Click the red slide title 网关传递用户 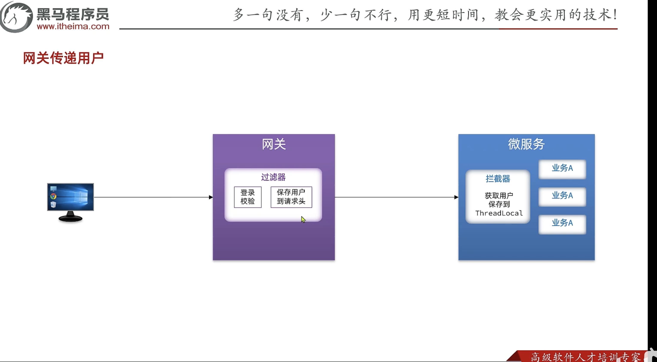63,58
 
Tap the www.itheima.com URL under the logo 73,26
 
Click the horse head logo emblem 16,17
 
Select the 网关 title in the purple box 274,144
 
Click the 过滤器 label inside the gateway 273,177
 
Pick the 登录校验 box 248,197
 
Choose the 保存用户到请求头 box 291,197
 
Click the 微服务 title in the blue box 526,144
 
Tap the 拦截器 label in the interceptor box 498,179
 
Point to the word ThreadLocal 499,213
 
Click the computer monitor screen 71,197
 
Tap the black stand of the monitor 70,217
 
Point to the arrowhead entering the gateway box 211,197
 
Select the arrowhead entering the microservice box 456,197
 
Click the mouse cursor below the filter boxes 303,219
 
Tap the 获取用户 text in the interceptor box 499,196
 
